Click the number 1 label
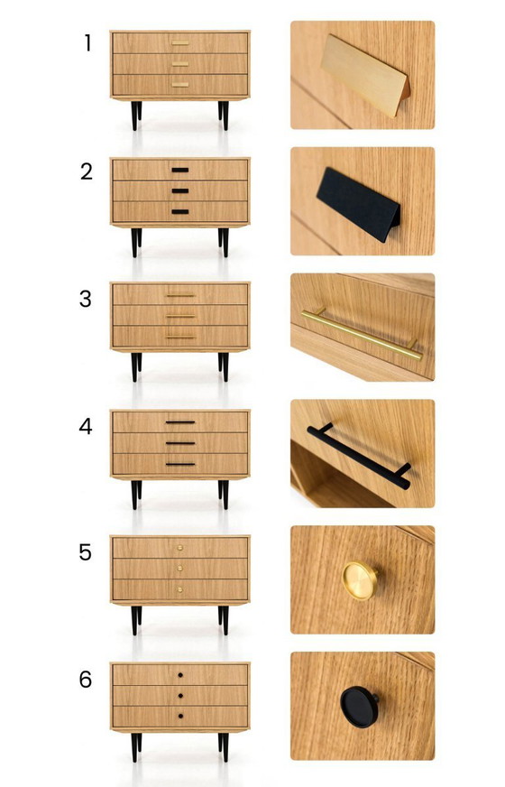pyautogui.click(x=87, y=43)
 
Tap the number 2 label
pyautogui.click(x=87, y=171)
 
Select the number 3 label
pyautogui.click(x=86, y=299)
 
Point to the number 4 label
pyautogui.click(x=86, y=426)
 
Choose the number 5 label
pyautogui.click(x=86, y=552)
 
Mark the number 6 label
pyautogui.click(x=86, y=680)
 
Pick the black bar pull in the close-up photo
pyautogui.click(x=359, y=455)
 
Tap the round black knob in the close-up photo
pyautogui.click(x=359, y=705)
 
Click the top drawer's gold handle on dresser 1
pyautogui.click(x=180, y=42)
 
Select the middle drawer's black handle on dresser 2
pyautogui.click(x=180, y=190)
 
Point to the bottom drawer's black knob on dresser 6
pyautogui.click(x=180, y=716)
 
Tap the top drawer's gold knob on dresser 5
pyautogui.click(x=180, y=548)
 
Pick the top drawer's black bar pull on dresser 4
pyautogui.click(x=180, y=421)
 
